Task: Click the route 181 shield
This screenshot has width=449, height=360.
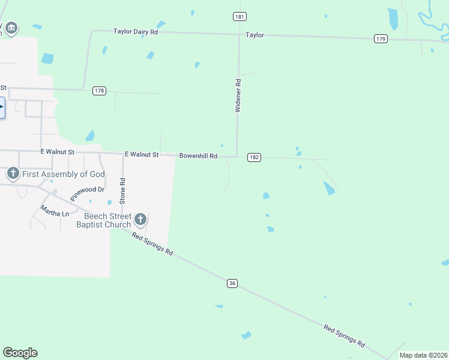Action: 240,16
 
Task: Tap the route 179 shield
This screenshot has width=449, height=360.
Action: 381,38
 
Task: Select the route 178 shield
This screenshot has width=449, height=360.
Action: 100,91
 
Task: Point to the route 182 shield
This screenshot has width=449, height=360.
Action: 254,157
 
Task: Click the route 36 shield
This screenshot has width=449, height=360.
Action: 233,283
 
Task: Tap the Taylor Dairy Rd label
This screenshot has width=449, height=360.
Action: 136,31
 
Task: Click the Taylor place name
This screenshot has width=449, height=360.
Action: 255,35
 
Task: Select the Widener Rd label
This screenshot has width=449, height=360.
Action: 238,95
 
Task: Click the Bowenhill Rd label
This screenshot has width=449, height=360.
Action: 198,156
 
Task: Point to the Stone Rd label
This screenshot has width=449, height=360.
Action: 122,188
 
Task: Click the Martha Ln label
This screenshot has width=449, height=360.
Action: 55,211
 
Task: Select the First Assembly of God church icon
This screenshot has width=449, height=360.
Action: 13,174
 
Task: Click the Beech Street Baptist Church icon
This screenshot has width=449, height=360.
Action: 140,220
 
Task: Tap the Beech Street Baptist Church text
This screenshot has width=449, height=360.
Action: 103,220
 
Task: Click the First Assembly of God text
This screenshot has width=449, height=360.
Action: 64,174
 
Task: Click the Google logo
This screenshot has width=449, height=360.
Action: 20,353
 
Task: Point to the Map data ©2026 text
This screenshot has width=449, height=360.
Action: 424,355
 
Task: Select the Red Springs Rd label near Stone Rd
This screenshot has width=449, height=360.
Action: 152,244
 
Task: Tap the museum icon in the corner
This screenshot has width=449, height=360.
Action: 11,28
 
